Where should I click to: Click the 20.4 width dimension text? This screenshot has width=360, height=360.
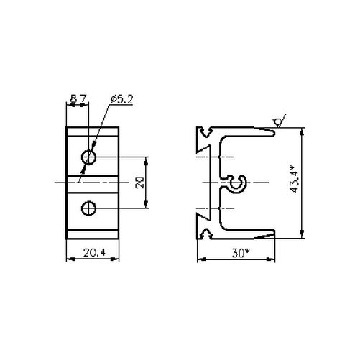[94, 252]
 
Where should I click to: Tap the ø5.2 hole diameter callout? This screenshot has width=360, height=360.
[121, 100]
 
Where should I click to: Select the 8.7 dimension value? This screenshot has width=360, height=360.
[78, 98]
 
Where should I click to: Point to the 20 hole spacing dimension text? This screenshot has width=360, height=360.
[140, 183]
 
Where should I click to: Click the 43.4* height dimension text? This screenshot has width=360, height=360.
[294, 179]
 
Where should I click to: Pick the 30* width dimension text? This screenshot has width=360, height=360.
[240, 253]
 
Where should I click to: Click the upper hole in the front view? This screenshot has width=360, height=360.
[88, 157]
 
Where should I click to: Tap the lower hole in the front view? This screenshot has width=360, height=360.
[88, 208]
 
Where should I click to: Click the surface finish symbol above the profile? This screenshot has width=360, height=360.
[280, 121]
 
